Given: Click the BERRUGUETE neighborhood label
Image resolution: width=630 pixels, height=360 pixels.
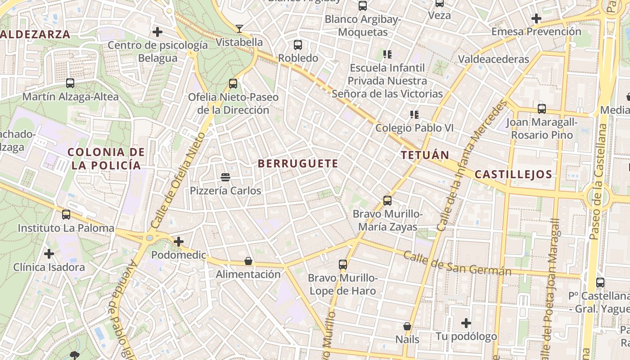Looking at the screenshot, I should pos(298,164).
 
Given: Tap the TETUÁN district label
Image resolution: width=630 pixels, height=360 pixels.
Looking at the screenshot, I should pos(425,155).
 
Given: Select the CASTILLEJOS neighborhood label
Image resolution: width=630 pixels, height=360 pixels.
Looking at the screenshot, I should pos(513,175).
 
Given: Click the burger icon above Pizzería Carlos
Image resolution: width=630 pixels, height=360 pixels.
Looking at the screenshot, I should pos(225,178).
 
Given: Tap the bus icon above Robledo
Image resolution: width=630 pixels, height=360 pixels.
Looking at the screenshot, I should pos(298,45).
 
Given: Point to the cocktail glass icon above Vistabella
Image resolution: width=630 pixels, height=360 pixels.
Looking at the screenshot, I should pos(239,29).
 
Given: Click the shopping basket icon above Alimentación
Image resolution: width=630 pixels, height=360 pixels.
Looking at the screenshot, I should pos(248,261).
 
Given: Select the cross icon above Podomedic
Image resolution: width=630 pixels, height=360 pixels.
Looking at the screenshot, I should pos(179,242).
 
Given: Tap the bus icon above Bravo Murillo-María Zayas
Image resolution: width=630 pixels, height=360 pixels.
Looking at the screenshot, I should pos(387,200).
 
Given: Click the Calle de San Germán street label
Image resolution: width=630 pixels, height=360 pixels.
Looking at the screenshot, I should pos(457,263).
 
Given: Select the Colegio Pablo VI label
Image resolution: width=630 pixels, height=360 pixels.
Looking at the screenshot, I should pos(414,128).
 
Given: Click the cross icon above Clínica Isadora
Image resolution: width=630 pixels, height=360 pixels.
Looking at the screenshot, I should pos(49,254).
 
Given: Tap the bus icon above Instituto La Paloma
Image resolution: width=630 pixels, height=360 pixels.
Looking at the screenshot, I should pos(66,215).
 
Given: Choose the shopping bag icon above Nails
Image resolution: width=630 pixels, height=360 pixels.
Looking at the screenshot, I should pos(407,326).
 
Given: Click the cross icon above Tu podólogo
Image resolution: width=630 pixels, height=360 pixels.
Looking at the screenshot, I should pos(466,323).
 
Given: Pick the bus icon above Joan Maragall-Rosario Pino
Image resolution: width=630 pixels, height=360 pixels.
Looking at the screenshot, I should pos(542,109).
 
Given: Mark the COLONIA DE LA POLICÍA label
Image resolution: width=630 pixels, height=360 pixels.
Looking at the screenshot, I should pos(106,159).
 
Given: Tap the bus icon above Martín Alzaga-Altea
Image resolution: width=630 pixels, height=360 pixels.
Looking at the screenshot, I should pos(70,83).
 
